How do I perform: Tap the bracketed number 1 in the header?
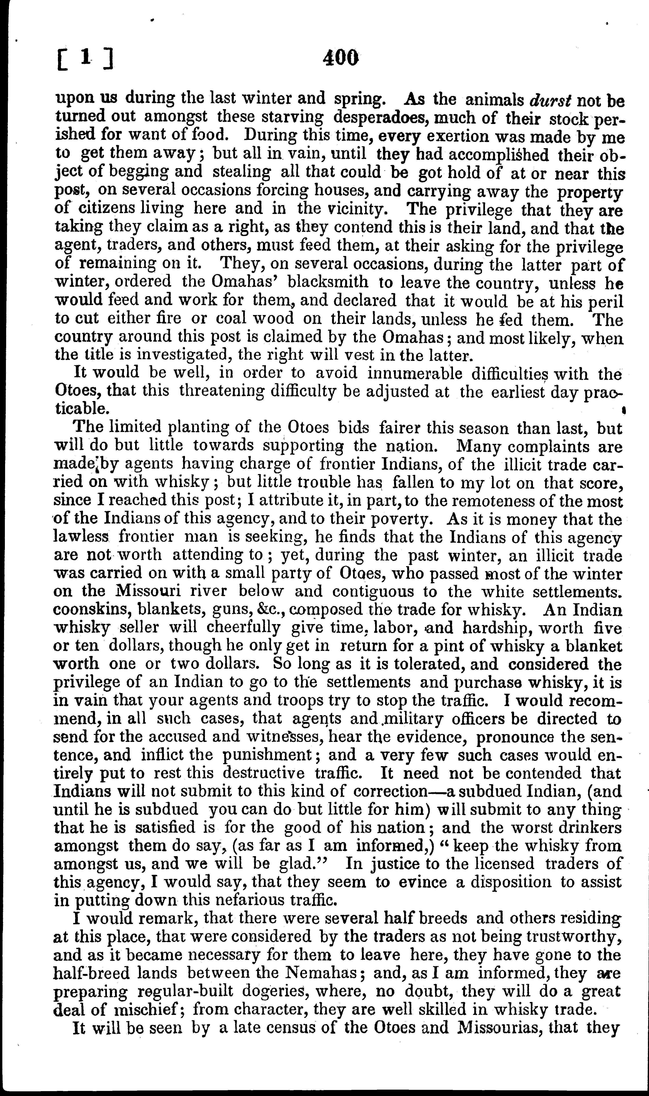pos(86,58)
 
